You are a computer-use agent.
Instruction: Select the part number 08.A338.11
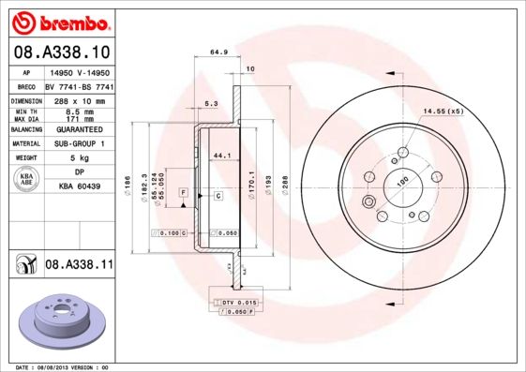79,266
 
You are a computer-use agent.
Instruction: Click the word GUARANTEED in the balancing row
79,130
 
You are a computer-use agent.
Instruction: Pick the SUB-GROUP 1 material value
79,143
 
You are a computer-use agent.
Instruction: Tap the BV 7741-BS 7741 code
79,85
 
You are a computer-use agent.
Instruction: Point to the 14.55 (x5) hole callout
443,112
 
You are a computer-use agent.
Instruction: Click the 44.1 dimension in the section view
222,155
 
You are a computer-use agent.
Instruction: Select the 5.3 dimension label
211,104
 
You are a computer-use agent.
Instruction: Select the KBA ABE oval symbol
26,180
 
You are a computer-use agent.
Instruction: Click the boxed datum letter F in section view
185,192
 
